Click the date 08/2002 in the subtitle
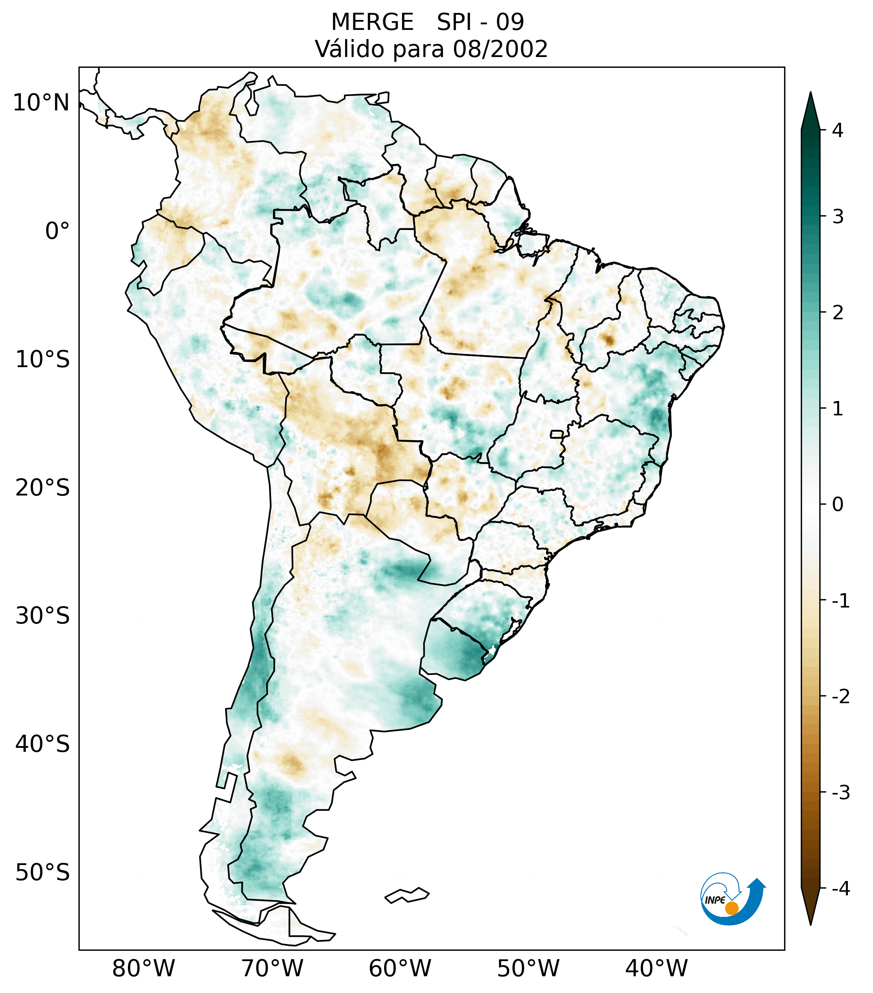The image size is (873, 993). [500, 49]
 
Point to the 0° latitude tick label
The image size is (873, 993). [57, 231]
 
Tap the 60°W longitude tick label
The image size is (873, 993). [400, 968]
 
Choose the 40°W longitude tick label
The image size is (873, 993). [657, 968]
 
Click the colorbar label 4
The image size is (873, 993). [838, 130]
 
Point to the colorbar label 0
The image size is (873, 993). [838, 505]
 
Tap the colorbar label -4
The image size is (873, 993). [840, 889]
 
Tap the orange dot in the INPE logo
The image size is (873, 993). [732, 908]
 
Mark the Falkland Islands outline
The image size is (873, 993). [407, 895]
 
